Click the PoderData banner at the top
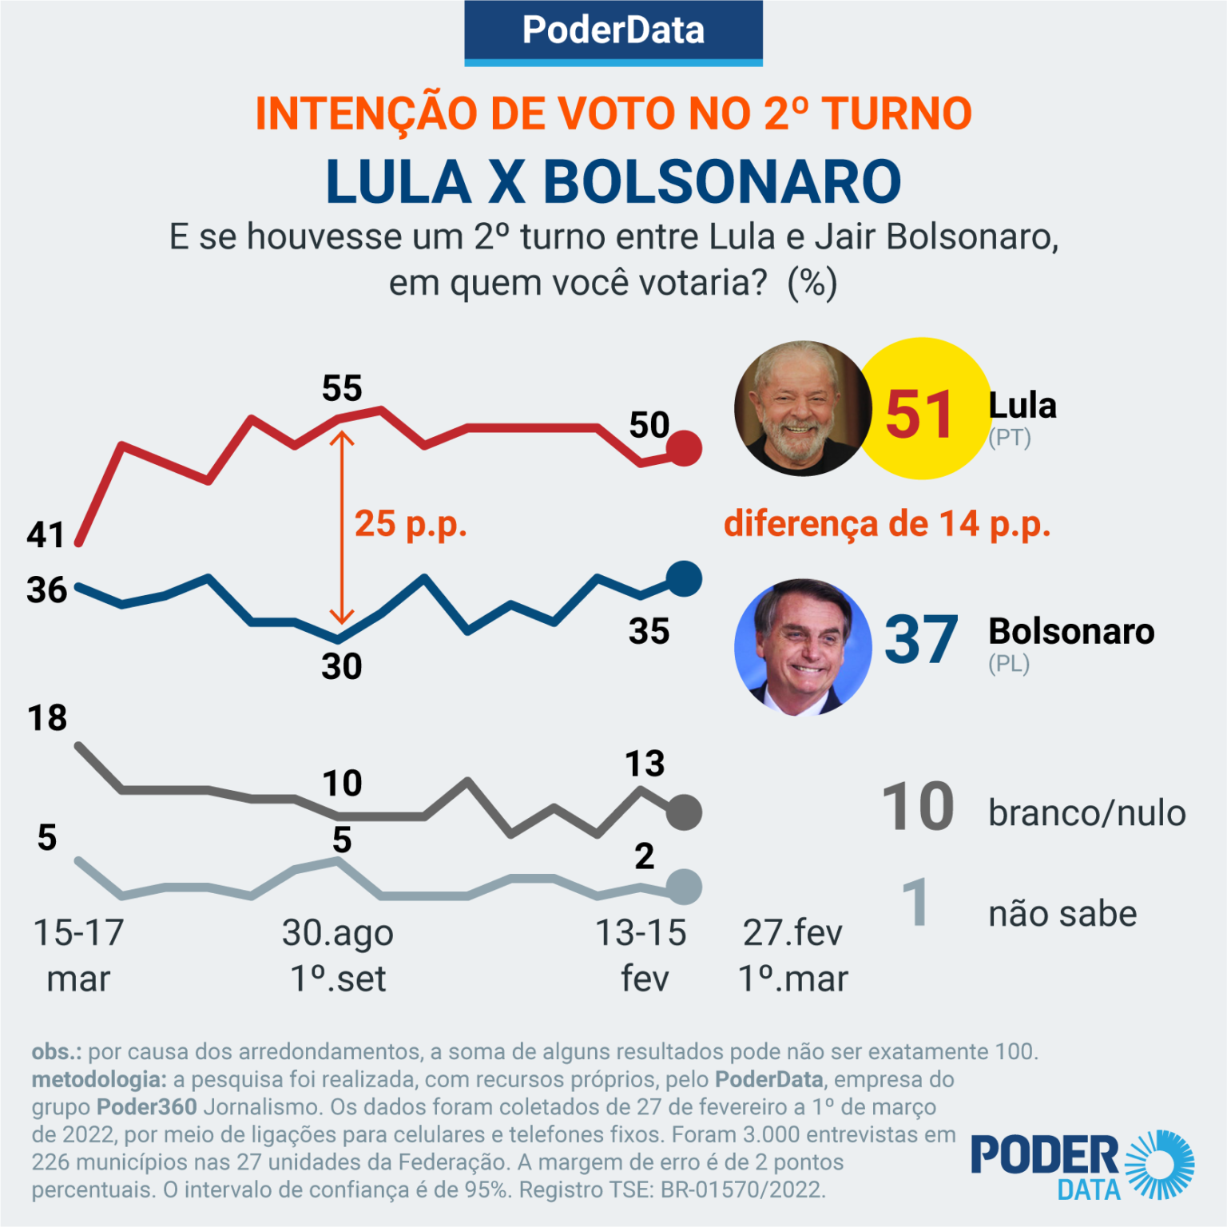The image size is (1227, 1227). point(613,31)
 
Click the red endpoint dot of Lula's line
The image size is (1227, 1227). point(684,448)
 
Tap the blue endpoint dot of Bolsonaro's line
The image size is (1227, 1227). point(684,578)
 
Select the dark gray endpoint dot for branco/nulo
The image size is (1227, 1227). point(684,812)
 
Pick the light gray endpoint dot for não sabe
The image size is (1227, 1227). point(684,887)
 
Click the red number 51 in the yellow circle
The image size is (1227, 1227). point(919,415)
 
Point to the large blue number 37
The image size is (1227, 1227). point(920,640)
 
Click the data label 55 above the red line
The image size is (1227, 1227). point(342,389)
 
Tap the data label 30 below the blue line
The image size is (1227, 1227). point(342,666)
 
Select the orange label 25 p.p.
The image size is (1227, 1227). point(411,524)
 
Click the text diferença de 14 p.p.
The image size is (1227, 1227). point(887,524)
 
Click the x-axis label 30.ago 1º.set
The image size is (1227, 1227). point(338,955)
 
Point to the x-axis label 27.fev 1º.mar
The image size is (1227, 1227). point(792,955)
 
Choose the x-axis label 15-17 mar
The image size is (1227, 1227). point(78,955)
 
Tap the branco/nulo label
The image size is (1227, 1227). point(1086,813)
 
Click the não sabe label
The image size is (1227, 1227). point(1062,914)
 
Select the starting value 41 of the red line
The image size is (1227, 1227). point(46,534)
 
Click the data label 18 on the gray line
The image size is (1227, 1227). point(47,718)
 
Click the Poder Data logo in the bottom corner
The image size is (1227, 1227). point(1082,1165)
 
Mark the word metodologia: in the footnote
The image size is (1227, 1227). point(99,1079)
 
